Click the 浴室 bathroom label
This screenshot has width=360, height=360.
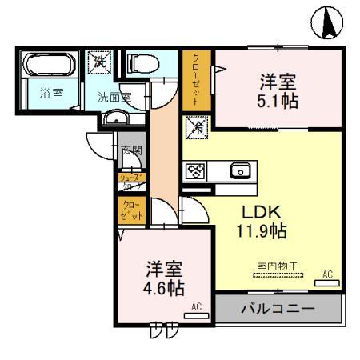50,93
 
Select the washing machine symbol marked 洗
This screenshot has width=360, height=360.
101,60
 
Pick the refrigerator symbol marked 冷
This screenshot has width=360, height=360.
197,126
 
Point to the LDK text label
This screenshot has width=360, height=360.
260,214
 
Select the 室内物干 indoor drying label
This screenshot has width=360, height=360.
276,266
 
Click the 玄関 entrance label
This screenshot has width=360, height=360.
132,149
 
